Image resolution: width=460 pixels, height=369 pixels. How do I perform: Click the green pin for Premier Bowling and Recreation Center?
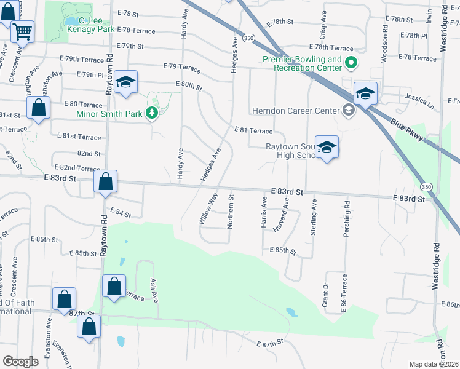[x=351, y=62]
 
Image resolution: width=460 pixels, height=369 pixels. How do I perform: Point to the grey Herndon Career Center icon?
[x=349, y=111]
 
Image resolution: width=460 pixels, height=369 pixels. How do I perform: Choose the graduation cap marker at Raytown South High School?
[x=327, y=146]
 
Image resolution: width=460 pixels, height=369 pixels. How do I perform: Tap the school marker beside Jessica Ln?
[x=365, y=93]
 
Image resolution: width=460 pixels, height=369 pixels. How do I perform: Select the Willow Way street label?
[x=209, y=208]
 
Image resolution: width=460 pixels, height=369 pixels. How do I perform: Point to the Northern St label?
[x=231, y=212]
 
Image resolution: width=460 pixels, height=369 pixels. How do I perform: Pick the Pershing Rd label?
[x=347, y=220]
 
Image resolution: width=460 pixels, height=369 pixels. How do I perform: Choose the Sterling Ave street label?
[x=314, y=216]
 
